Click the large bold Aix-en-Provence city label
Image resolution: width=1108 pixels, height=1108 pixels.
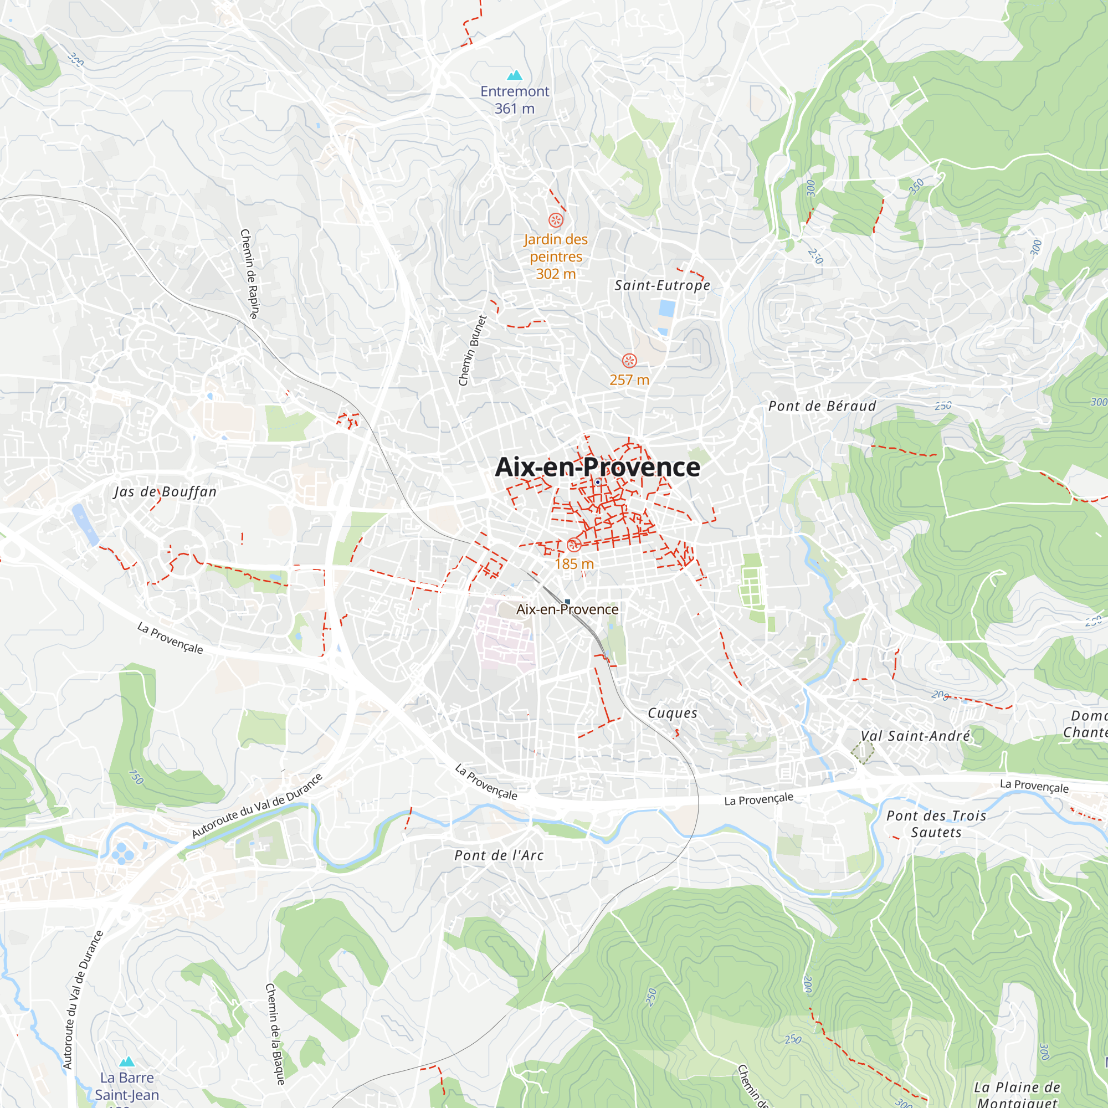pos(597,467)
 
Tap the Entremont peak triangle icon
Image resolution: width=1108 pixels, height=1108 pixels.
pos(515,75)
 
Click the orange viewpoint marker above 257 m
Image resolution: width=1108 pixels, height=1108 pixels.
pos(629,361)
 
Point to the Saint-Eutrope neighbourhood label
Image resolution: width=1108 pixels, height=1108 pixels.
pos(662,285)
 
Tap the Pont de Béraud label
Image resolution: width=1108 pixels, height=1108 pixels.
pos(822,406)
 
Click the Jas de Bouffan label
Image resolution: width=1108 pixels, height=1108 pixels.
pos(165,491)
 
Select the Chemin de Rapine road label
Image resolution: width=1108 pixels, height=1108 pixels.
pos(249,274)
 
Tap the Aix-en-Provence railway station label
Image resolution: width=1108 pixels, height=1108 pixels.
pos(567,609)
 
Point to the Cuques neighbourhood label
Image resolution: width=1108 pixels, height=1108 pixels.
pos(672,713)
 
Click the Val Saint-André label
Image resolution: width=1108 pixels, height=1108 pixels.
pos(915,736)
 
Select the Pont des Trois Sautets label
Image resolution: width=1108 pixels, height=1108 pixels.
pos(936,824)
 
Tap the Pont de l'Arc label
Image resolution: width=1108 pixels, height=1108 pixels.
pos(499,855)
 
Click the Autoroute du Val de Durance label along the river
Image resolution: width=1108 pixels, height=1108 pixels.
pos(257,806)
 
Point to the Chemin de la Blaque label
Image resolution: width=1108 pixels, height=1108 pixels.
pos(275,1034)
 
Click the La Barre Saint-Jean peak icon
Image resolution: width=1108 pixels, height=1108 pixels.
pos(127,1061)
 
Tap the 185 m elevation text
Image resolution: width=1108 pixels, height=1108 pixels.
pos(574,564)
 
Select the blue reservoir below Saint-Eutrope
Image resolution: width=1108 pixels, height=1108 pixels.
pos(666,308)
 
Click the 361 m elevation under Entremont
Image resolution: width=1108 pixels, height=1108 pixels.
pos(515,109)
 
